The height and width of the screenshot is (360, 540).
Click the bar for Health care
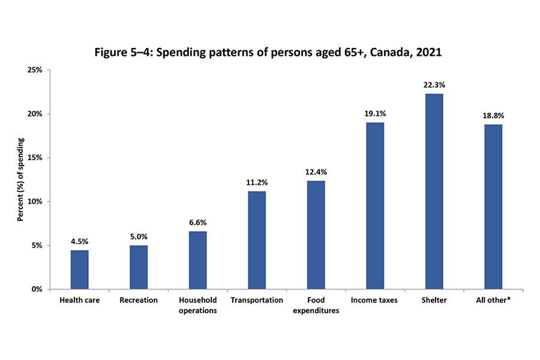[x=79, y=269]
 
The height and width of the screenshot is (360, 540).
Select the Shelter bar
[x=434, y=191]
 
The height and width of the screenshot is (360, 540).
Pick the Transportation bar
[x=257, y=240]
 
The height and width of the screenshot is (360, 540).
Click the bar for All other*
[x=493, y=206]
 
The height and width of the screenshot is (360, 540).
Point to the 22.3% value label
[x=434, y=85]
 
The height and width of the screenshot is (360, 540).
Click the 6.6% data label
[x=197, y=222]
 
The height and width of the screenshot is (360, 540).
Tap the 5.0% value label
[x=139, y=236]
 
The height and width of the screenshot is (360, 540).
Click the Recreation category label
[x=139, y=300]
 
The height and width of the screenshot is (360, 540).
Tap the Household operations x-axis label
[x=197, y=305]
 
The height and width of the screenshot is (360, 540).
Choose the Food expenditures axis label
[x=316, y=305]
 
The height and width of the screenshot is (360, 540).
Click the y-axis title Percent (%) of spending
[x=20, y=179]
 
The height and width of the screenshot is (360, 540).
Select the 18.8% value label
[x=493, y=115]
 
